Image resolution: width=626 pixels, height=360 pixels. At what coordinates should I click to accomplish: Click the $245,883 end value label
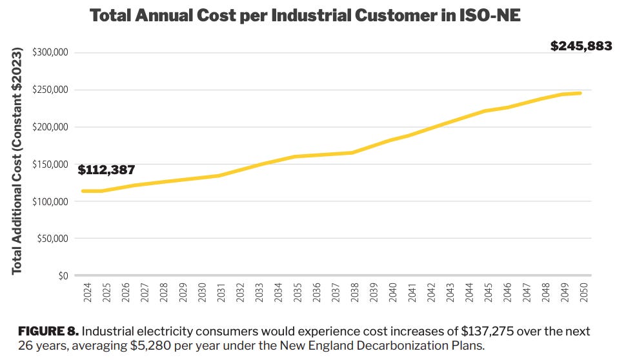(x=580, y=46)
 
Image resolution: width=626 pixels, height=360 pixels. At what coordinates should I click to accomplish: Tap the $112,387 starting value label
(x=106, y=170)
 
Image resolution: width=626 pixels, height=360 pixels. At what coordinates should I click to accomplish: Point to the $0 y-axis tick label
(x=63, y=276)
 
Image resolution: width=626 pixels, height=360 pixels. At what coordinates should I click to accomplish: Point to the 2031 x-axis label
(x=220, y=294)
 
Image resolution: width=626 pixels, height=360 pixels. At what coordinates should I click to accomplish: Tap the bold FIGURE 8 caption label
(x=47, y=331)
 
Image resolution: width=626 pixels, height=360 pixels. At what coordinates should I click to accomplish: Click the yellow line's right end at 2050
(x=580, y=93)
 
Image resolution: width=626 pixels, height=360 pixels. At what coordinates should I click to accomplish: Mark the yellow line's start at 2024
(x=83, y=191)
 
